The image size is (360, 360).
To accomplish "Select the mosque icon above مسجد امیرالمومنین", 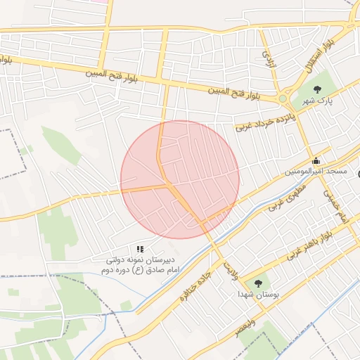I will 316,160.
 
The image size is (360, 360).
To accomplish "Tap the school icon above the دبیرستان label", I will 141,249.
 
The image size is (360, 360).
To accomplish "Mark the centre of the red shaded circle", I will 180,179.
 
